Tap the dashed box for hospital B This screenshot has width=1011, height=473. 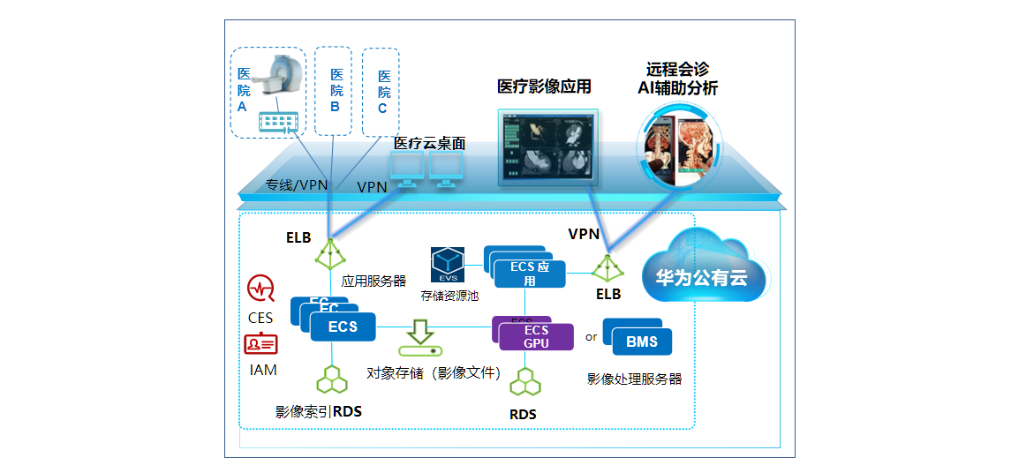(334, 91)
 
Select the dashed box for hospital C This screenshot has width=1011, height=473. (381, 92)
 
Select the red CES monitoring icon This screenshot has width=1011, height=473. (260, 289)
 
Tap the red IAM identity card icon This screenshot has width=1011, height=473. (260, 343)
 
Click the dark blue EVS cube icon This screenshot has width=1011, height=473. (448, 264)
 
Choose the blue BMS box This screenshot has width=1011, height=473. (642, 342)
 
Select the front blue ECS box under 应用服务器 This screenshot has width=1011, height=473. (343, 327)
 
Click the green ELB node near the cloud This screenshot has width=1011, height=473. (607, 267)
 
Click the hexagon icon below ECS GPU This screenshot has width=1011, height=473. (525, 381)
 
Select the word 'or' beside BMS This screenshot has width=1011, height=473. (591, 336)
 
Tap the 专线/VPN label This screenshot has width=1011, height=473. (297, 185)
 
